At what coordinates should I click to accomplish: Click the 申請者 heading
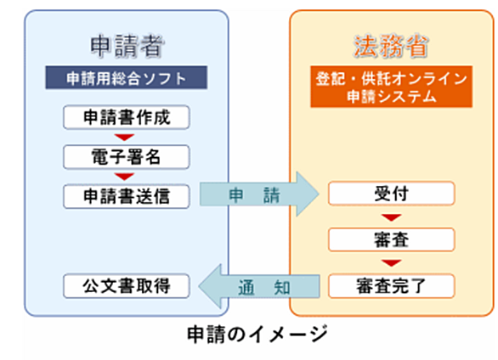[x=127, y=47]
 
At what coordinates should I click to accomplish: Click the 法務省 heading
[x=391, y=47]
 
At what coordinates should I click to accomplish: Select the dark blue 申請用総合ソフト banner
[x=127, y=78]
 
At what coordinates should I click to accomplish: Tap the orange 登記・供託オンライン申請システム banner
[x=391, y=87]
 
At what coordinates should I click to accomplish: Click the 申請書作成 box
[x=127, y=117]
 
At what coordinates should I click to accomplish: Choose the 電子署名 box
[x=127, y=157]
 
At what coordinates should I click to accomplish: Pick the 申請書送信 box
[x=127, y=196]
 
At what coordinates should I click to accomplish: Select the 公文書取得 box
[x=127, y=286]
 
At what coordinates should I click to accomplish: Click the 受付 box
[x=392, y=194]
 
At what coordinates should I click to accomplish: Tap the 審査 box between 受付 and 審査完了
[x=392, y=239]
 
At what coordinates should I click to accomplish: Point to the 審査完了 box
[x=392, y=286]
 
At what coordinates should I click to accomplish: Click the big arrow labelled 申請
[x=259, y=194]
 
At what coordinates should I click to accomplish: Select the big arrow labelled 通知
[x=259, y=286]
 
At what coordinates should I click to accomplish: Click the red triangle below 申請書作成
[x=124, y=138]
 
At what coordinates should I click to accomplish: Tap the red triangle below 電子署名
[x=124, y=177]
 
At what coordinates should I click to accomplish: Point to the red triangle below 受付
[x=392, y=217]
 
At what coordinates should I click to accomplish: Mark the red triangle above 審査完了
[x=392, y=263]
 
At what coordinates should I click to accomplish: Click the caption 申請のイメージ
[x=257, y=334]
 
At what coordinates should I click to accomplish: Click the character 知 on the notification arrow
[x=281, y=288]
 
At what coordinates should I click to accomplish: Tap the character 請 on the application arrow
[x=272, y=195]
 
